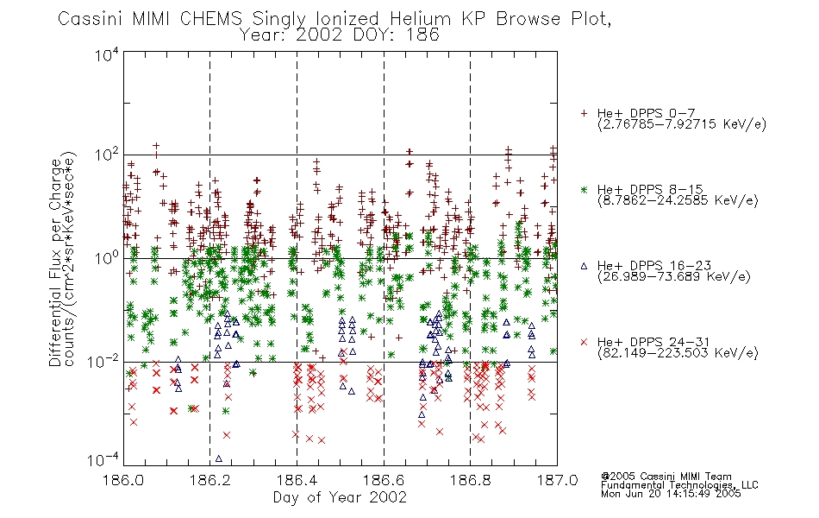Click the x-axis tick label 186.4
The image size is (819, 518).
click(x=297, y=480)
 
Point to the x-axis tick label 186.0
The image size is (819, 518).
click(x=123, y=480)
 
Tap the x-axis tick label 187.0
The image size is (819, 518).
click(x=557, y=480)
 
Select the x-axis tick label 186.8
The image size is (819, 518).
click(x=470, y=480)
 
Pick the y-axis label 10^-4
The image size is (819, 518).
click(x=103, y=459)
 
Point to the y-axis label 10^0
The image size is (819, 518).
click(x=107, y=258)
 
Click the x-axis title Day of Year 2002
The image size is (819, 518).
click(x=340, y=497)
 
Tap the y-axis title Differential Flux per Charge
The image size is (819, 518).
click(x=55, y=262)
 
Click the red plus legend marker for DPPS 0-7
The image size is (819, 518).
click(x=584, y=113)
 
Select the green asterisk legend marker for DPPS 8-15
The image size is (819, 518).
click(x=584, y=189)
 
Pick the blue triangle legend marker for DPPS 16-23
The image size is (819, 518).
click(x=584, y=266)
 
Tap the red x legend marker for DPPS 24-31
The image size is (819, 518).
click(x=584, y=342)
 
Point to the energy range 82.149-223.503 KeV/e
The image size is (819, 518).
click(x=678, y=353)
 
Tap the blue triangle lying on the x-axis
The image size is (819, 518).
click(x=219, y=459)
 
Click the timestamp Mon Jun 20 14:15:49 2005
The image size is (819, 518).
click(x=671, y=494)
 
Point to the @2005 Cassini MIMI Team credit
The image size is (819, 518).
click(x=666, y=477)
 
